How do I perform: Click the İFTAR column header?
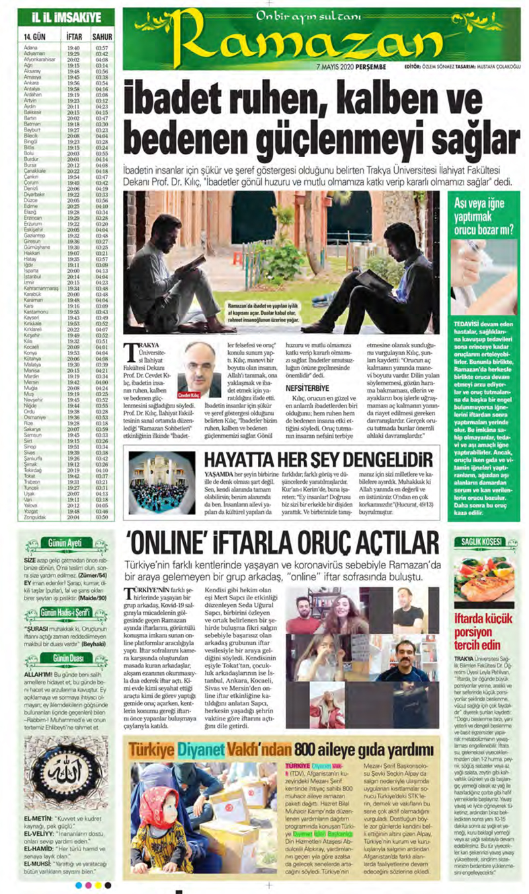74,36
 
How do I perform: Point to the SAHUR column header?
101,36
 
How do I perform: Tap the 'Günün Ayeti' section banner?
64,544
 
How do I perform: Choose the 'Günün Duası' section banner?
64,657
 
